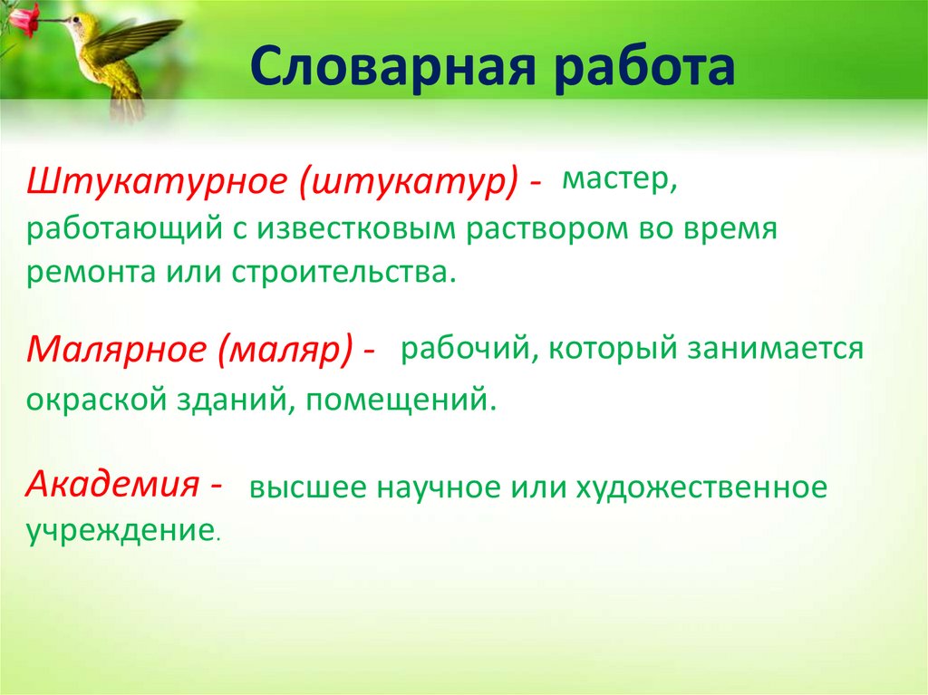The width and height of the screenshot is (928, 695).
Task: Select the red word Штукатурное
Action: point(159,181)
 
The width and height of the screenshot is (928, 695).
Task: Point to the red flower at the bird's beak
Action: point(24,18)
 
